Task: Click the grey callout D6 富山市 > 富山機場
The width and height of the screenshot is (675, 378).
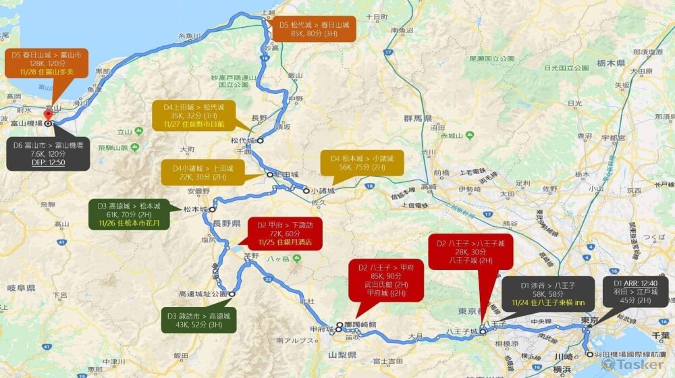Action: tap(47, 153)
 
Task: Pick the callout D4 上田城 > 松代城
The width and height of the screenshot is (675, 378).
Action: tap(193, 115)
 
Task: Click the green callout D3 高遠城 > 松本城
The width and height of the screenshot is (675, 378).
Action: tap(129, 214)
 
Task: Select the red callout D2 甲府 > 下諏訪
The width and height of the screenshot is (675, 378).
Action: tap(286, 233)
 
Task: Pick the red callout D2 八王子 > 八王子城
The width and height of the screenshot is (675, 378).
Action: tap(471, 252)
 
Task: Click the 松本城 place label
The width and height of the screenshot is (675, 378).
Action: tap(195, 209)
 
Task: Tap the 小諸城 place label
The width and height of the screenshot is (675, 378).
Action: tap(323, 191)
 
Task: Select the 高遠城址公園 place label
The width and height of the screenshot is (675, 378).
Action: tap(202, 294)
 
